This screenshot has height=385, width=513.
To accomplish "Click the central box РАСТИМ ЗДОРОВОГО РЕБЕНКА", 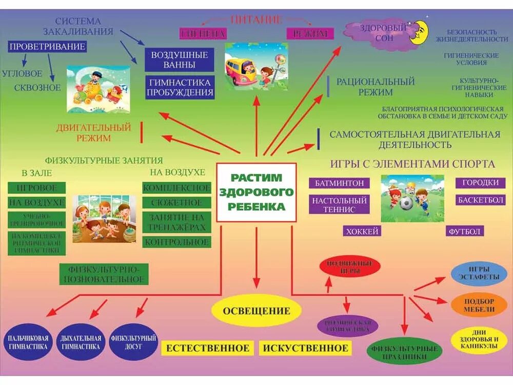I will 256,192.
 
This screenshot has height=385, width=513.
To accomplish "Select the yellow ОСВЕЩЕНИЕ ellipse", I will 256,311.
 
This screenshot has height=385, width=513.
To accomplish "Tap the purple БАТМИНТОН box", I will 339,183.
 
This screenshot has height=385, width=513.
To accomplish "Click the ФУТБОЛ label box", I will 464,232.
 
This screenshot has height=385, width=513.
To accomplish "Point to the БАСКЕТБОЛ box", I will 480,200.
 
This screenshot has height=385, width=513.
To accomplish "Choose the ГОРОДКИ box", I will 480,183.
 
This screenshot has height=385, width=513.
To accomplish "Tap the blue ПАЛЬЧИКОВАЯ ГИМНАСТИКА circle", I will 28,342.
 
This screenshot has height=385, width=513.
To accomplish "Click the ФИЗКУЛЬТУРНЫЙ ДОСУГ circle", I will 133,342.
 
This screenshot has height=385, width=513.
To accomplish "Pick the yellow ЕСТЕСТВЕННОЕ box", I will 208,349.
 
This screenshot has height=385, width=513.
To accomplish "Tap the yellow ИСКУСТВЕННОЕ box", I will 305,349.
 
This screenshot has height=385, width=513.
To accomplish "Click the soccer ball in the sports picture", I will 406,204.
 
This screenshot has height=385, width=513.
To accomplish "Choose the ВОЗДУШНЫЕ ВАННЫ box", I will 179,60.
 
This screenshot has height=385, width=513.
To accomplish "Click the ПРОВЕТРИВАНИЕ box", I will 47,47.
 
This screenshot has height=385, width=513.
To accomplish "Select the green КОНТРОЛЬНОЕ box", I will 177,242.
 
